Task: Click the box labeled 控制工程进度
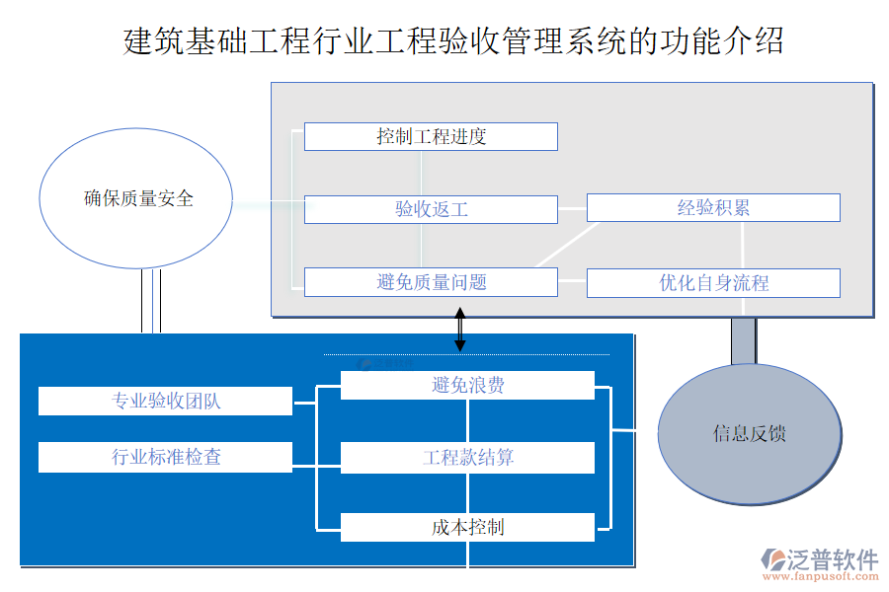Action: click(431, 136)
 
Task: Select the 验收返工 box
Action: click(431, 209)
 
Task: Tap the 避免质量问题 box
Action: click(431, 282)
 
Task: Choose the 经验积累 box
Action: click(713, 208)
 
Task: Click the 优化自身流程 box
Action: click(713, 283)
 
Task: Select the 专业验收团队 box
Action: click(166, 402)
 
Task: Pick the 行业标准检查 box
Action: click(166, 457)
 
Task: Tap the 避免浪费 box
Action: click(467, 385)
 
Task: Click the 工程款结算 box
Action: click(467, 458)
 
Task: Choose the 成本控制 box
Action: click(467, 528)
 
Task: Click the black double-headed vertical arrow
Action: click(459, 330)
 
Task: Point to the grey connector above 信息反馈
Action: click(743, 341)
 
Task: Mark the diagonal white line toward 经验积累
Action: click(568, 245)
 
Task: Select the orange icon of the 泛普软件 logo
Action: click(773, 562)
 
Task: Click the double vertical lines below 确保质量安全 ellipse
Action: click(150, 301)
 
